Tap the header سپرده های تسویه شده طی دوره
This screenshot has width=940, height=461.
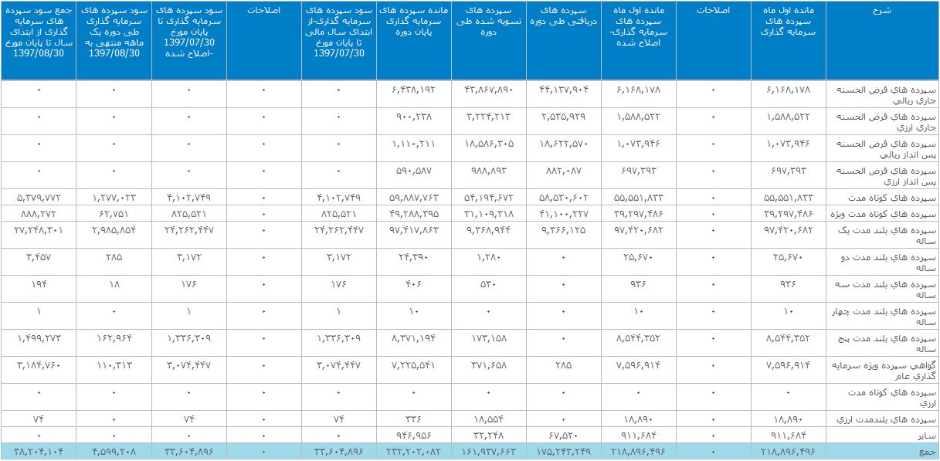489,22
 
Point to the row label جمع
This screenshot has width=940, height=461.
928,450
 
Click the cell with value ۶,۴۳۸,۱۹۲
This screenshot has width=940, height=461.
414,90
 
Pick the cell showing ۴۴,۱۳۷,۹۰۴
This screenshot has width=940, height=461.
564,90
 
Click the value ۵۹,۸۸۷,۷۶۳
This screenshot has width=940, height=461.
414,197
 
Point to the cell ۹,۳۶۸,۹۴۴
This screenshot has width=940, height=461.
489,229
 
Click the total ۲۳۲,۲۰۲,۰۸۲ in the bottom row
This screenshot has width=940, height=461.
414,450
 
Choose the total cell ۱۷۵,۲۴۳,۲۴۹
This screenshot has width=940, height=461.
564,450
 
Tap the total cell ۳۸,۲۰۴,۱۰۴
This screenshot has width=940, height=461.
39,450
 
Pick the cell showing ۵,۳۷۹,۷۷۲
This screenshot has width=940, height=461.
39,197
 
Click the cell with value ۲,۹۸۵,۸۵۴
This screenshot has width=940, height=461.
114,229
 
